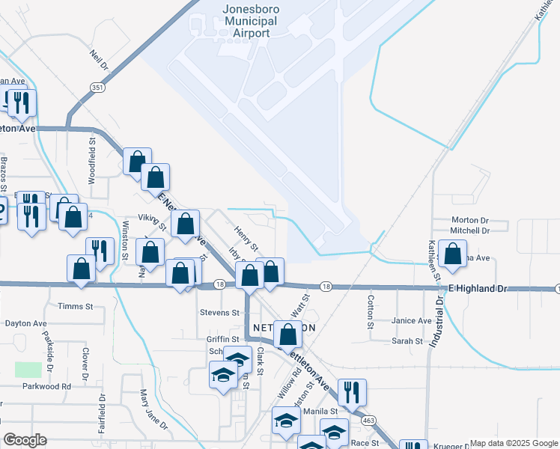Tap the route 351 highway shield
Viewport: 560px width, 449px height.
point(97,88)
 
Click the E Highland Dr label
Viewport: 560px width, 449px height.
point(477,288)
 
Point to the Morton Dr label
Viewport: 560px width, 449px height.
point(469,221)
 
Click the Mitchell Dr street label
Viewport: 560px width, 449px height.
point(469,231)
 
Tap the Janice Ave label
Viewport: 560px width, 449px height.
point(412,321)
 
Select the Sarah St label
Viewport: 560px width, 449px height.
point(408,341)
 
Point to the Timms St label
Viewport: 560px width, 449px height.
point(75,307)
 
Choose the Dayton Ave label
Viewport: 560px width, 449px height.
point(25,324)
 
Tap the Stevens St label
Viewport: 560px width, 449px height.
point(219,312)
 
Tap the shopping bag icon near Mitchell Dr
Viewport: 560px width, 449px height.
point(452,254)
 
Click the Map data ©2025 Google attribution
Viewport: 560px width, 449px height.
point(513,443)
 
